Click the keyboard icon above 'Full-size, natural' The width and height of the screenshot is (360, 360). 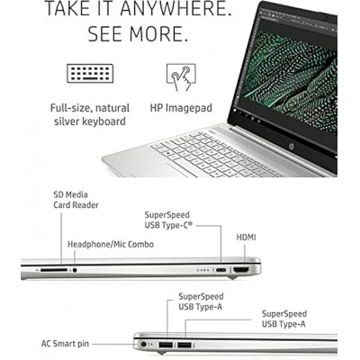(90, 73)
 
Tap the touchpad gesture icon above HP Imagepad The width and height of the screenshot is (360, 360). (181, 77)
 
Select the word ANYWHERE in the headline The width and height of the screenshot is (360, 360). (175, 9)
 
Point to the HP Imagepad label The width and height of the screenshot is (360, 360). (181, 108)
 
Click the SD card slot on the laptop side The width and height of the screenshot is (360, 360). (54, 270)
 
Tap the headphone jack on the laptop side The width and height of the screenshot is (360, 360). (75, 270)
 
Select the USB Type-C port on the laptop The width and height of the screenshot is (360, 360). (221, 270)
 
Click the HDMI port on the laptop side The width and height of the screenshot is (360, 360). (241, 270)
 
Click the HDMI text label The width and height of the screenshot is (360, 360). (247, 238)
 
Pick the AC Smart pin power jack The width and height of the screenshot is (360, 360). (143, 344)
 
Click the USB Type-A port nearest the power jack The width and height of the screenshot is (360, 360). (166, 345)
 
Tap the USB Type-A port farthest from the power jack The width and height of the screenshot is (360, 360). (184, 346)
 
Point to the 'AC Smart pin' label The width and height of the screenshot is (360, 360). (65, 344)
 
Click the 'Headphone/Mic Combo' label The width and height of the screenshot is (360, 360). (111, 245)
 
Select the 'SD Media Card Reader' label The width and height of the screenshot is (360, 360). (76, 200)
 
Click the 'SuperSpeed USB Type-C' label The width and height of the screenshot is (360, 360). (169, 220)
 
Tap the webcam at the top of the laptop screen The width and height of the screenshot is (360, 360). (326, 18)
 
